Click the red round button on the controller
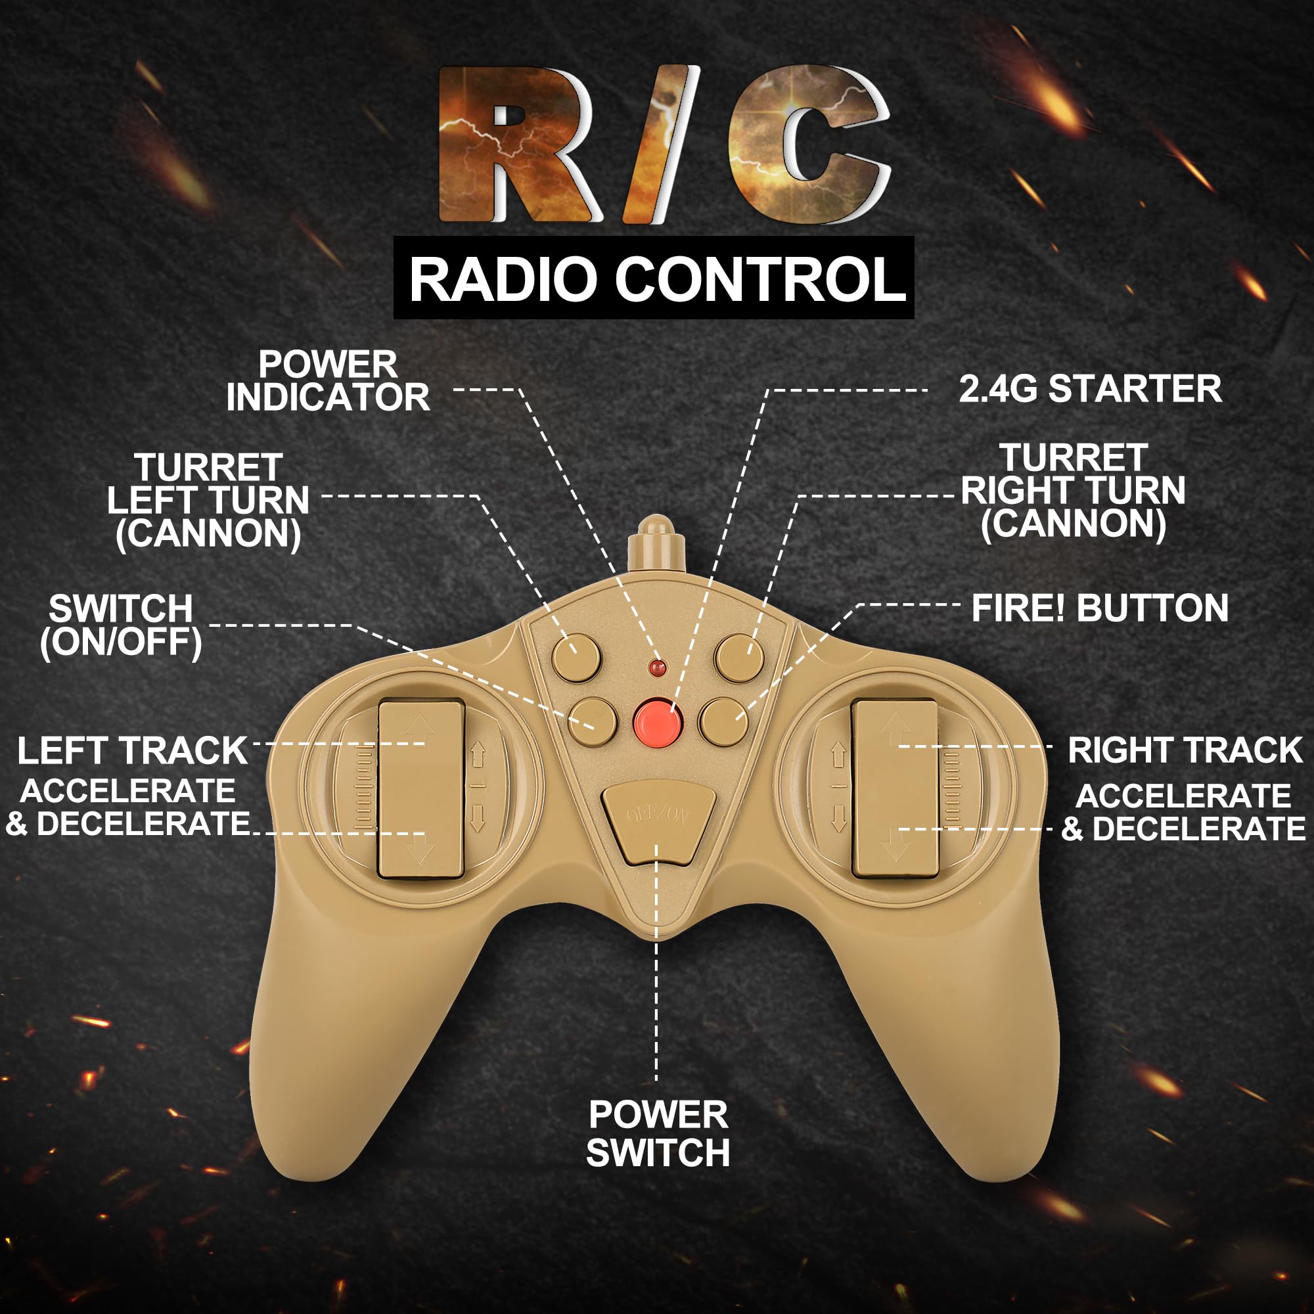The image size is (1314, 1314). point(658,719)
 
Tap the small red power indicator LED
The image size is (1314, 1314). point(657,668)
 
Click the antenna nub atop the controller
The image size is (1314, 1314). point(656,545)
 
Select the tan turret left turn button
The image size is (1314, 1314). point(576,657)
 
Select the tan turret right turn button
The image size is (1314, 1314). point(739,657)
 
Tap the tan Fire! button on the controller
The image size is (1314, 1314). point(723,721)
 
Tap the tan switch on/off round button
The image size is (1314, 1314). point(593,721)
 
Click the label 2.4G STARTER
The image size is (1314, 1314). point(1089,389)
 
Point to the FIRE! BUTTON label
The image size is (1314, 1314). point(1100,608)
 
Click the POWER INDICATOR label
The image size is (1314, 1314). point(328,381)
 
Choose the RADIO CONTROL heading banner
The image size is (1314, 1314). point(654,279)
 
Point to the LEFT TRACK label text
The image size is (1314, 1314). point(132,751)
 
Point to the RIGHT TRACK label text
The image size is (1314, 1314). point(1185,751)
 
